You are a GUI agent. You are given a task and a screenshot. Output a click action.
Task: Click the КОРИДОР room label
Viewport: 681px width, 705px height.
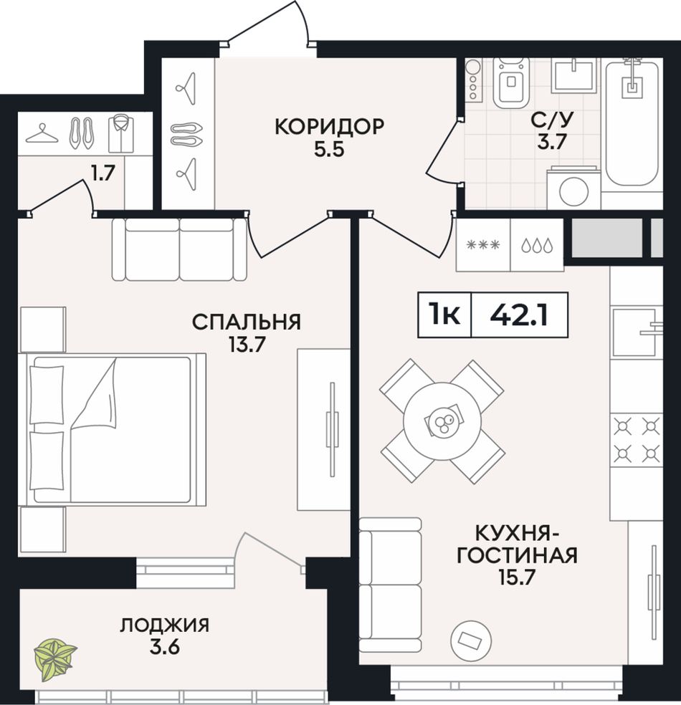[x=329, y=127]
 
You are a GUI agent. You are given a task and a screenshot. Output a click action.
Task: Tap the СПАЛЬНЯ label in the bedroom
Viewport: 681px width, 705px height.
[x=247, y=322]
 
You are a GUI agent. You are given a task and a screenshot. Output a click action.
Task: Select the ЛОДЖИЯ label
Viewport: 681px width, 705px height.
[x=165, y=625]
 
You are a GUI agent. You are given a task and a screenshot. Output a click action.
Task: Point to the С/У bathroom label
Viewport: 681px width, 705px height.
[x=553, y=120]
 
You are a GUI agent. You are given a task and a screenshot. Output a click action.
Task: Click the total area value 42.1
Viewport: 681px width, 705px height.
[x=519, y=315]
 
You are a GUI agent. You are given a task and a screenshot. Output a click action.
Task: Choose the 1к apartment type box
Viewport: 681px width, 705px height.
[x=444, y=315]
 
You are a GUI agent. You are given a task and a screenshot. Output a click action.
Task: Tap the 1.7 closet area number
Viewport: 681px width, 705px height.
[x=104, y=173]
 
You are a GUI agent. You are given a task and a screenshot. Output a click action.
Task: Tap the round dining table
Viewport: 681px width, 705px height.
[x=442, y=421]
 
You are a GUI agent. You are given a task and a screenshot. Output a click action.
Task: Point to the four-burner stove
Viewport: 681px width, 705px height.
[x=636, y=440]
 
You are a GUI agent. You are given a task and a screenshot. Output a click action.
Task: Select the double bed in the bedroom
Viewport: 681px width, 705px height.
[x=113, y=429]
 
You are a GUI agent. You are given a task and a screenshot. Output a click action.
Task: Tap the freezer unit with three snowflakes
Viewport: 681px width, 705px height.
[x=484, y=245]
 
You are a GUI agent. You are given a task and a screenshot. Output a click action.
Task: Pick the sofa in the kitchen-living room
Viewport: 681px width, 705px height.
[x=391, y=585]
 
